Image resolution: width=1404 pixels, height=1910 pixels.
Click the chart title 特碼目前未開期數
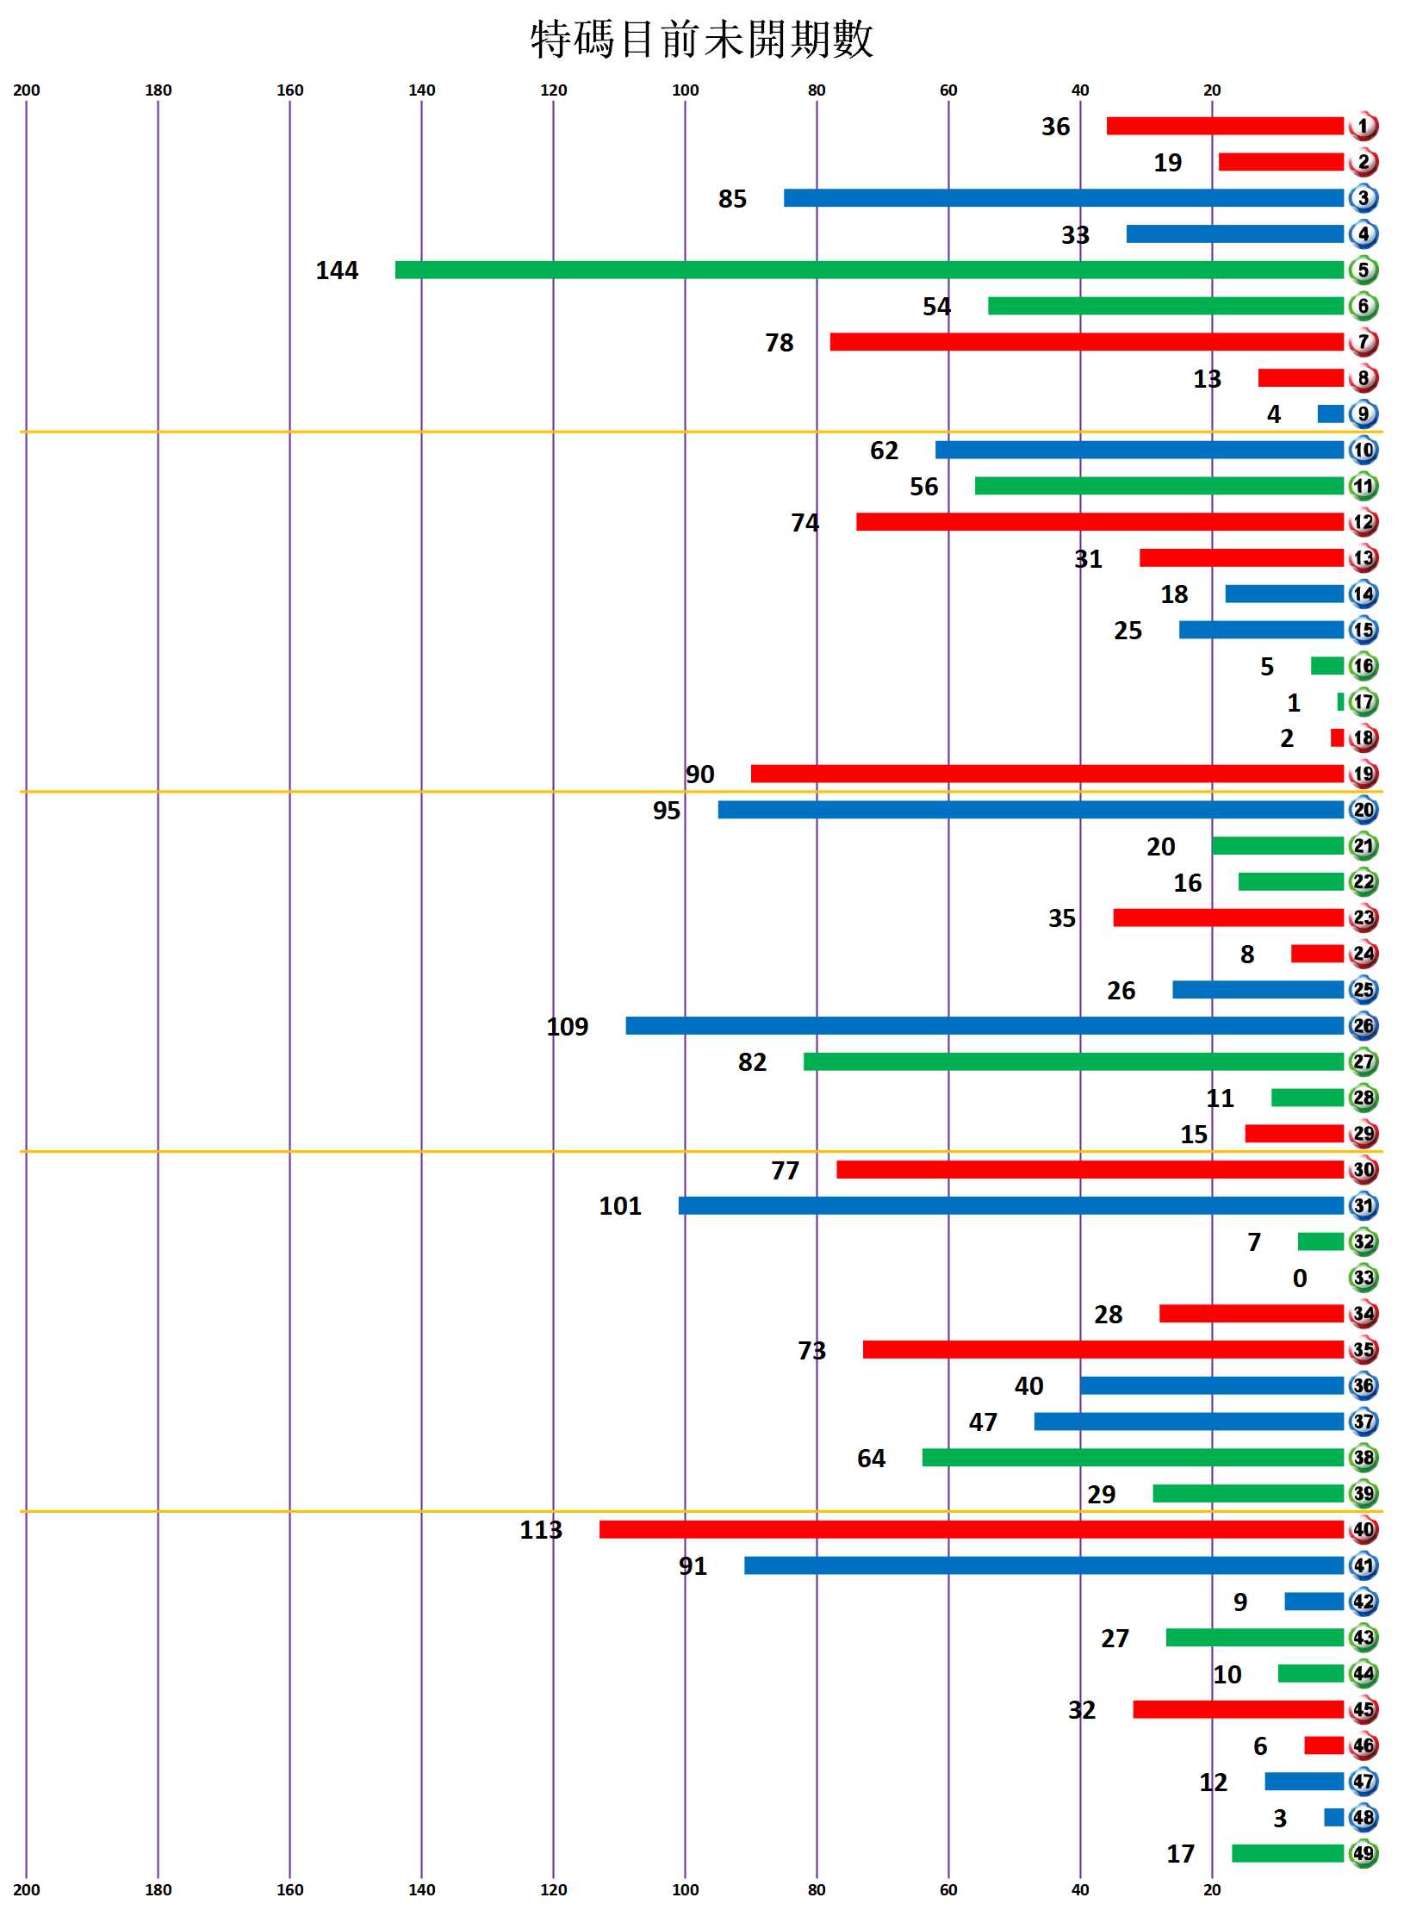click(702, 40)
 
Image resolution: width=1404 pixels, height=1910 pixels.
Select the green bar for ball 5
click(869, 270)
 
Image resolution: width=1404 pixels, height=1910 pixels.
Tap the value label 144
click(337, 271)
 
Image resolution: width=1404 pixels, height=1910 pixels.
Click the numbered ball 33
click(1364, 1278)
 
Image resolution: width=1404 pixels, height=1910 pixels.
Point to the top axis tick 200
click(27, 90)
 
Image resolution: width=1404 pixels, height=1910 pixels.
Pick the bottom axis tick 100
click(686, 1890)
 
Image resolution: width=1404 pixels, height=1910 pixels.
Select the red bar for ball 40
click(972, 1529)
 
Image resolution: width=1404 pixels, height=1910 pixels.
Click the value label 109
click(568, 1026)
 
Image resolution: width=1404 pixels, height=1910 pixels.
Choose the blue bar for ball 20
click(1031, 810)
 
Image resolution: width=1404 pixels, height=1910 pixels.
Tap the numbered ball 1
click(1364, 127)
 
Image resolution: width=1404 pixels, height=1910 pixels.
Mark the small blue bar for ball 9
click(1331, 414)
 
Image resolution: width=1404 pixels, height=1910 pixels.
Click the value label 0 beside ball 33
click(1300, 1279)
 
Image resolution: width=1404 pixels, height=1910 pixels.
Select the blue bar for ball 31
click(1011, 1205)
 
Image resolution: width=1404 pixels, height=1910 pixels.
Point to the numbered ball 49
click(1364, 1853)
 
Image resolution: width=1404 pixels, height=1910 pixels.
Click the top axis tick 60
click(948, 90)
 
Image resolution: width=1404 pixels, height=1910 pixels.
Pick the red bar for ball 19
click(1047, 774)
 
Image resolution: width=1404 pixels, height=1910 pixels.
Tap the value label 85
click(732, 199)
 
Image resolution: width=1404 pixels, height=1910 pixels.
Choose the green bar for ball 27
click(1074, 1061)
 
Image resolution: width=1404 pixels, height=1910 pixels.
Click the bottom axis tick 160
click(290, 1890)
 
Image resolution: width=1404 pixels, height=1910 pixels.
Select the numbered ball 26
click(1364, 1026)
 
